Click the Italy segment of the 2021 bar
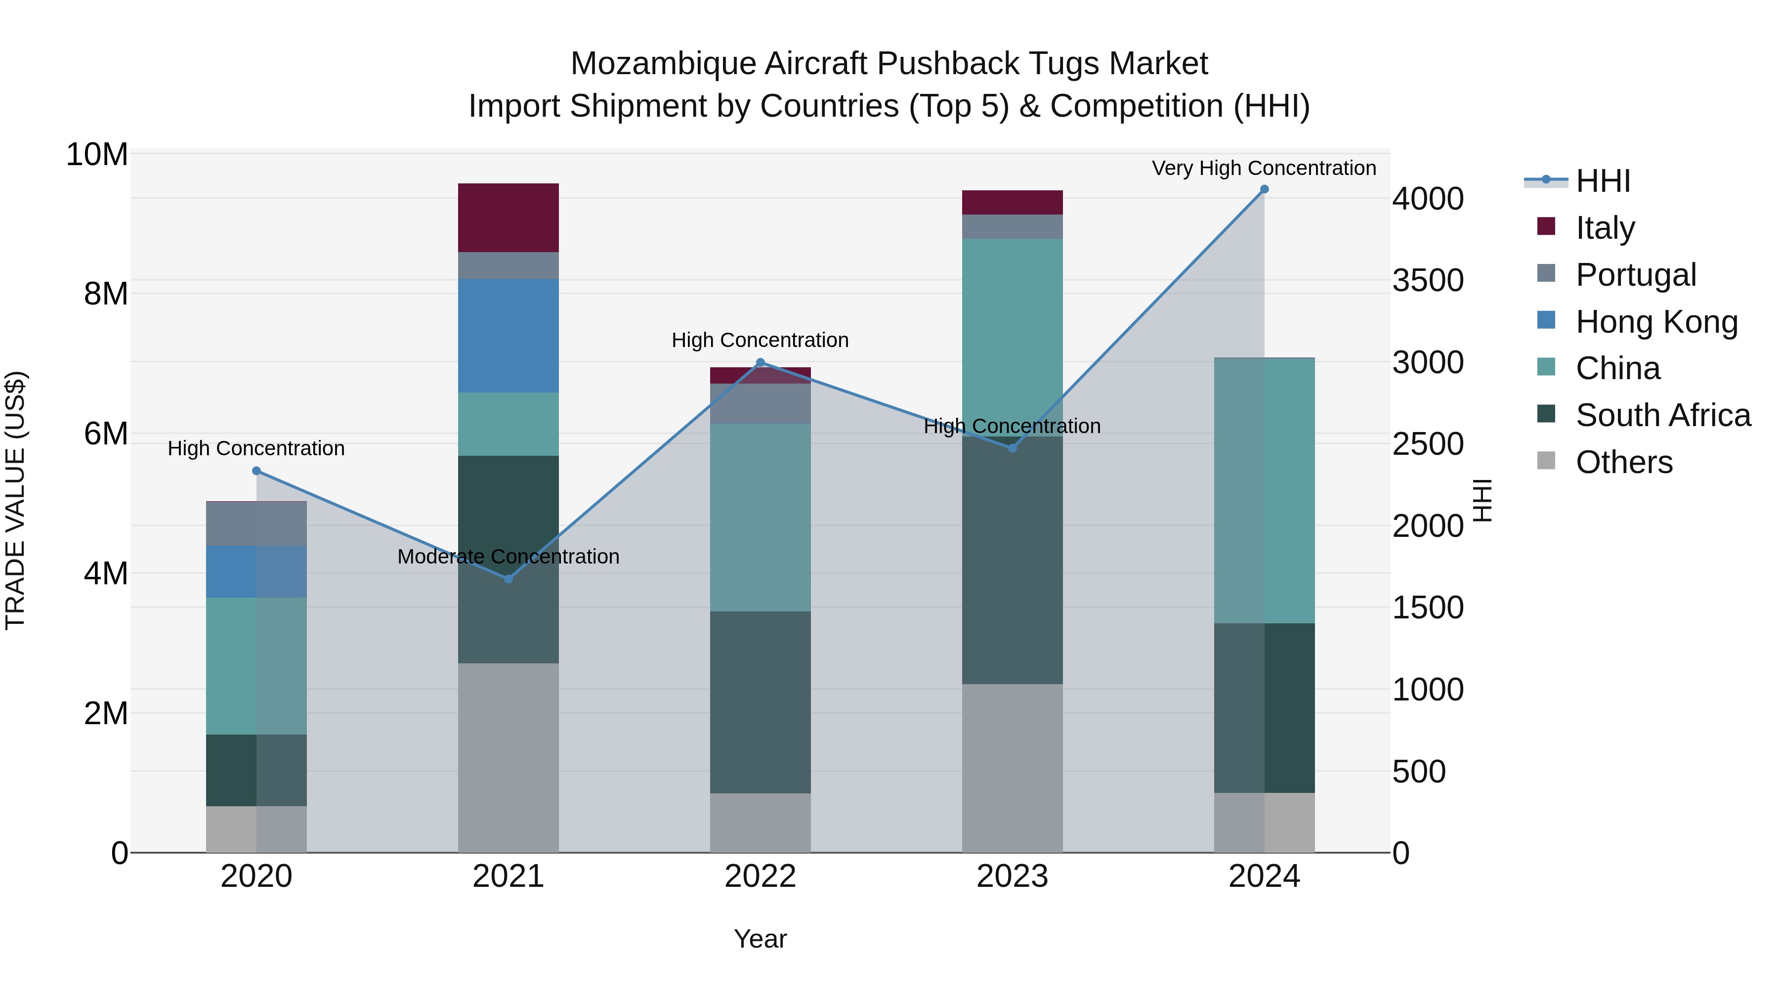tap(508, 218)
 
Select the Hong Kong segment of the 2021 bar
tap(508, 336)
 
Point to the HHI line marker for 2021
tap(508, 579)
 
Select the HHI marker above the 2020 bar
tap(256, 471)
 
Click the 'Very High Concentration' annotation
tap(1264, 169)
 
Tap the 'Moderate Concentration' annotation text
tap(508, 557)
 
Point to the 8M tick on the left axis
tap(106, 294)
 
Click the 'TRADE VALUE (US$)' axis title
tap(16, 500)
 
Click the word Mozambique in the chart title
tap(663, 64)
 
